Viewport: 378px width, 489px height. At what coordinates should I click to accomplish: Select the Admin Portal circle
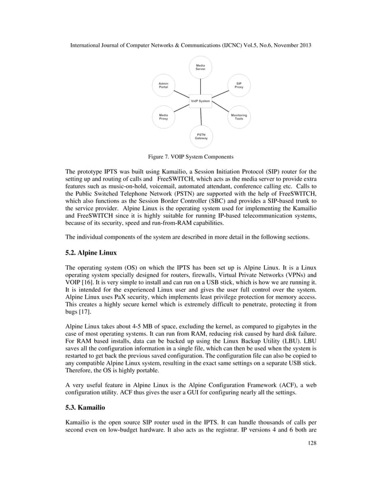point(164,85)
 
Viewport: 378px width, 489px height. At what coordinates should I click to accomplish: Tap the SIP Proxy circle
point(238,85)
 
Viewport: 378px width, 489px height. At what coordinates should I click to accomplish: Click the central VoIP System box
point(200,101)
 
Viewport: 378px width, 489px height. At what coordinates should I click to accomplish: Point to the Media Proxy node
point(164,117)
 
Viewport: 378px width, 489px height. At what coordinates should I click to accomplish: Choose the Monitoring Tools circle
point(239,117)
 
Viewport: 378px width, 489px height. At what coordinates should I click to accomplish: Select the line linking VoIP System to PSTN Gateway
point(200,117)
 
